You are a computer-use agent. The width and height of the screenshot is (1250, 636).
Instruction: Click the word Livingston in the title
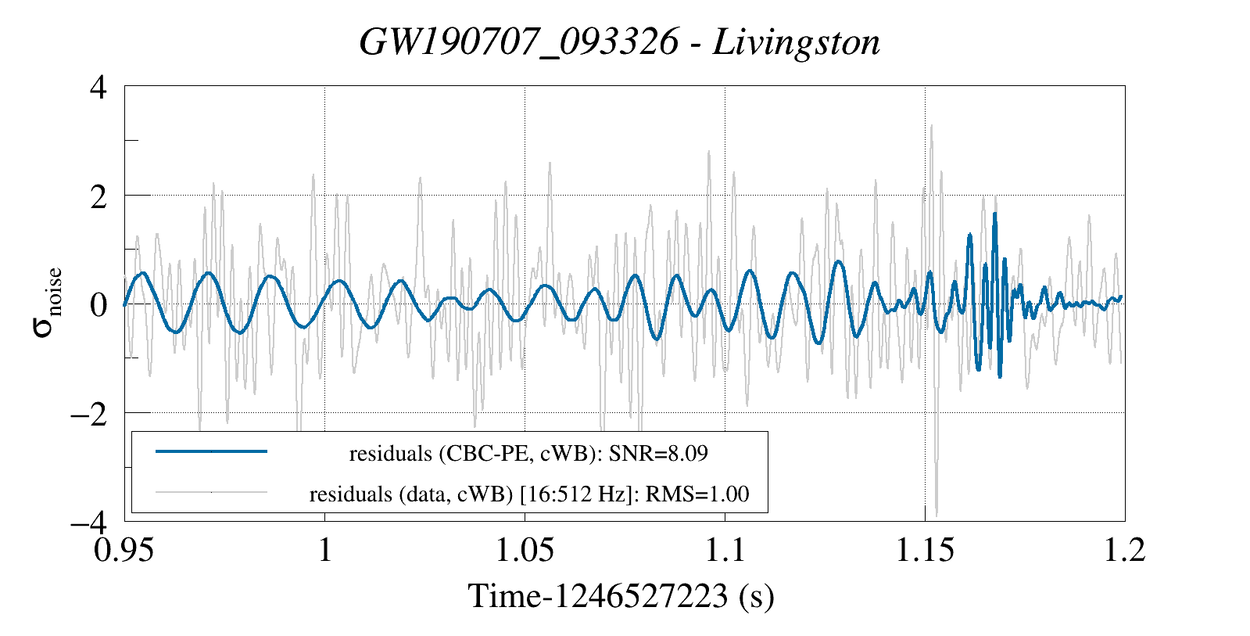click(x=797, y=42)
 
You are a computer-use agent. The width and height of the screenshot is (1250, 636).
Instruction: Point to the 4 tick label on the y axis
click(x=98, y=88)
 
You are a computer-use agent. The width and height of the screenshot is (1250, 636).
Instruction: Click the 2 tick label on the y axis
click(x=98, y=197)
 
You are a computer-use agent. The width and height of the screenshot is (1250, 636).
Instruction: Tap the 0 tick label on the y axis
click(x=98, y=305)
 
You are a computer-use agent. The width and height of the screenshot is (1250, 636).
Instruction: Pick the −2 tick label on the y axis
click(x=89, y=415)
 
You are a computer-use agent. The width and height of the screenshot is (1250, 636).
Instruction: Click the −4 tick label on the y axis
click(x=89, y=523)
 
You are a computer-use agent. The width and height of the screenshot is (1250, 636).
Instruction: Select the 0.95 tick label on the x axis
click(x=124, y=550)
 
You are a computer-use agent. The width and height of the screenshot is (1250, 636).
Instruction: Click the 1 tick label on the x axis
click(x=325, y=550)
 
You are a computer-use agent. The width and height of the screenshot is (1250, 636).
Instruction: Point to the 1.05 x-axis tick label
click(x=525, y=550)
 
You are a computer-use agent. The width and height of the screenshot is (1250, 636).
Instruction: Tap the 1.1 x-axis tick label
click(x=725, y=550)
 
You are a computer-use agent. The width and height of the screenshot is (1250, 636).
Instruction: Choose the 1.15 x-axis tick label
click(x=926, y=550)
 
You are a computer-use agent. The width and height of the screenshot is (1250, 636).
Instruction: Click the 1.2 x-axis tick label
click(x=1125, y=550)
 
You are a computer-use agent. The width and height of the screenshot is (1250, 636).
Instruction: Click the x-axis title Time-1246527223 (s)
click(x=621, y=596)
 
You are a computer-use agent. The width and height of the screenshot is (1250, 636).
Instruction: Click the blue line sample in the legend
click(x=212, y=451)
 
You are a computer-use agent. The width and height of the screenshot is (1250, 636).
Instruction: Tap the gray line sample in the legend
click(x=212, y=492)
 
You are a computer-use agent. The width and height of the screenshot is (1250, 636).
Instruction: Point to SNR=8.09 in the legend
click(x=658, y=454)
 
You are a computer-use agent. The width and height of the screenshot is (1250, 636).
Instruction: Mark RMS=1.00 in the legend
click(x=697, y=494)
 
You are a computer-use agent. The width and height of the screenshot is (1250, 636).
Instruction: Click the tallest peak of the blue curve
click(x=994, y=214)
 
